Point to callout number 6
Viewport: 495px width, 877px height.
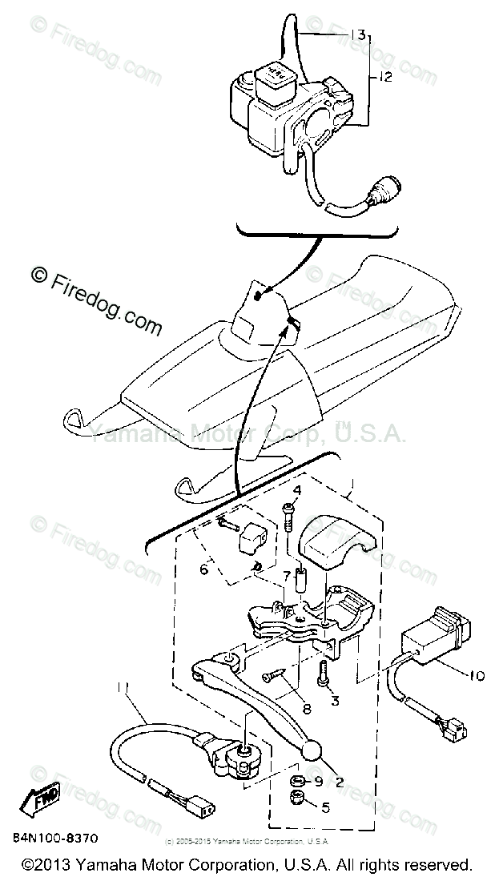(x=204, y=569)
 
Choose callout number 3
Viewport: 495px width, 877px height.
(x=335, y=702)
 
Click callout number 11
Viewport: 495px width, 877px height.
(x=122, y=686)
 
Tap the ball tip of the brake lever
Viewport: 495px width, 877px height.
(x=312, y=751)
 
